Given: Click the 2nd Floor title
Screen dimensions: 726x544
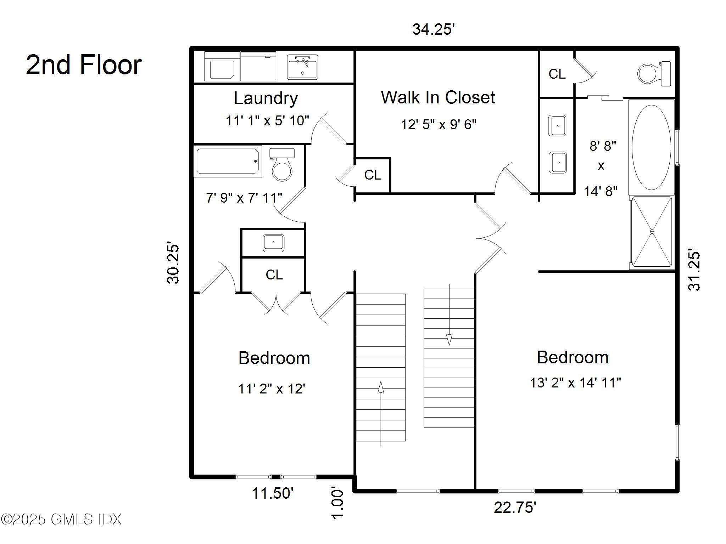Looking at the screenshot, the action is (84, 65).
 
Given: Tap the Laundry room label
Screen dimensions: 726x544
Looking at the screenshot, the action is (266, 98).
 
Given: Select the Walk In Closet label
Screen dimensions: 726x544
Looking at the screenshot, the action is (438, 97).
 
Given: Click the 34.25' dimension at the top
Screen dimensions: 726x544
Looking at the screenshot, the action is (433, 29).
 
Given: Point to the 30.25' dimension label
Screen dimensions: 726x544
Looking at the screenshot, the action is (173, 263).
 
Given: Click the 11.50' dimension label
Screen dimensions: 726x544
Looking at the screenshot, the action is (273, 493).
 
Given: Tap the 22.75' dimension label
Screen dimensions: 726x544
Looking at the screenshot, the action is (515, 508).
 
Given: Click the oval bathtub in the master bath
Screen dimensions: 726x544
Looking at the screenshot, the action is (652, 147).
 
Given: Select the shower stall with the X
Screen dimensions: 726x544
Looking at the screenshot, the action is (652, 232).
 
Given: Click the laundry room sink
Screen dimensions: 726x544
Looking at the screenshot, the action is (302, 67).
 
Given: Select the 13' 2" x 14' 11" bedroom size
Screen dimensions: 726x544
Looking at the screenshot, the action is (575, 382).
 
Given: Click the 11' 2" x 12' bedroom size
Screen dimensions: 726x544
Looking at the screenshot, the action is (272, 389).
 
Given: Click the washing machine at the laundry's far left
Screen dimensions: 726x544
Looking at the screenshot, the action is (222, 66).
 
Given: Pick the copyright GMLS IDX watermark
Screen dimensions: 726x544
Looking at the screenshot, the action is (61, 520).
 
